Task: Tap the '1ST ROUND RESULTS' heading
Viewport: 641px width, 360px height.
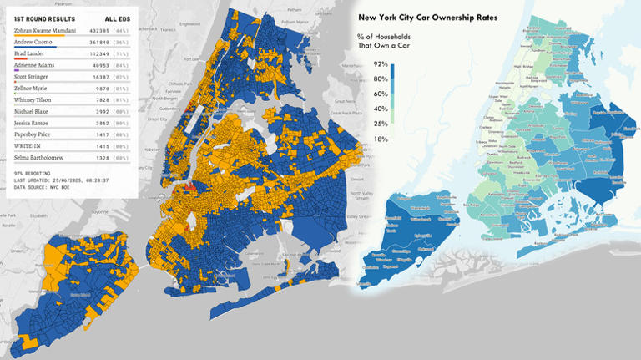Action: (44, 18)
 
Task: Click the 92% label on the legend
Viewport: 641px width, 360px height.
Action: (380, 63)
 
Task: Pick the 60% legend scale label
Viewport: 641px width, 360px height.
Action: (380, 94)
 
